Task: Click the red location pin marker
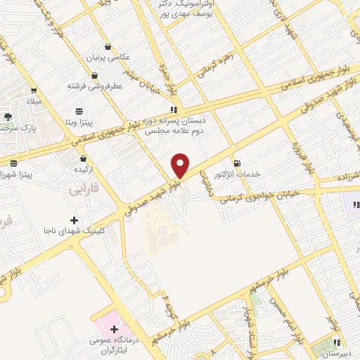click(181, 165)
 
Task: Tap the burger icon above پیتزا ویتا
click(79, 110)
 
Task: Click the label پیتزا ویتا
click(79, 122)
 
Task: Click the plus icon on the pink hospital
click(114, 328)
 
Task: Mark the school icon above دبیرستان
click(337, 344)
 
